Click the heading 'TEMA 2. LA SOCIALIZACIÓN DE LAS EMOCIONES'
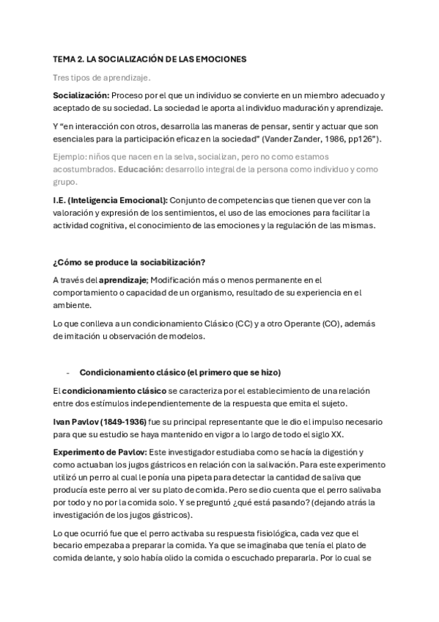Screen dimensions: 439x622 (x=150, y=58)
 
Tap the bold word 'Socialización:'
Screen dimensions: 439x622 (x=81, y=96)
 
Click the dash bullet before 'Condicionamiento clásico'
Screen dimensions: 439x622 (x=67, y=371)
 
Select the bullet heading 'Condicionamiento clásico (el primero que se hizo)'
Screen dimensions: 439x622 (x=180, y=371)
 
